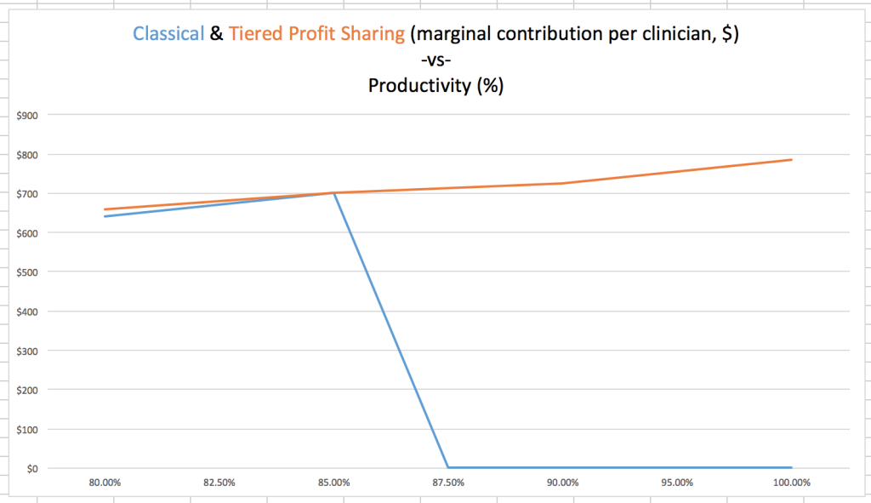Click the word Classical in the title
coord(168,34)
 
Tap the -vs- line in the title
coord(435,60)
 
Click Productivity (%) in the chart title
coord(435,86)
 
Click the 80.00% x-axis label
coord(105,483)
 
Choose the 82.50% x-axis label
coord(219,483)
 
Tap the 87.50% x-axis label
coord(448,483)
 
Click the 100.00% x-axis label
coord(791,483)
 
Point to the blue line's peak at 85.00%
coord(333,193)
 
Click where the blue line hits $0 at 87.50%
coord(448,467)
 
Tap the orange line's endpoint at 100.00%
coord(792,160)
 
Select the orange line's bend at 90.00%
coord(562,183)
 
